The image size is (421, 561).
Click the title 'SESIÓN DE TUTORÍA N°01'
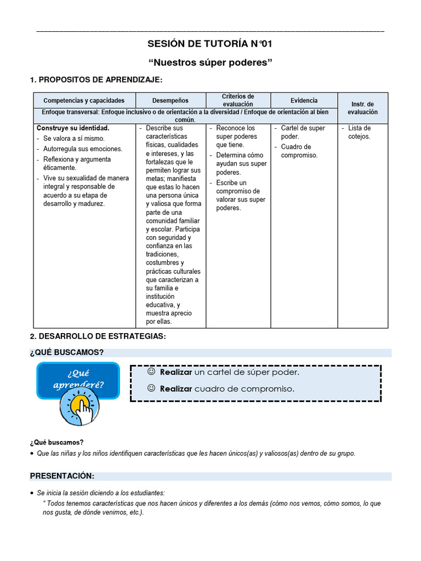[x=210, y=44]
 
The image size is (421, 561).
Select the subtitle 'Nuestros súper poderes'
[x=210, y=62]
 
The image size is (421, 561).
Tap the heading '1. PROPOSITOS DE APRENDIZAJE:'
[x=96, y=81]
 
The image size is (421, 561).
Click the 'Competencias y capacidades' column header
[x=84, y=100]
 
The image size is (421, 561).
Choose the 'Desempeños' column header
[x=170, y=100]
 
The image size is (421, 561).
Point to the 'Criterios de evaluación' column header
[x=238, y=100]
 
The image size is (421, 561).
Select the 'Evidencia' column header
[x=304, y=100]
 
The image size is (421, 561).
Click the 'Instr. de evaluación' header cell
[x=362, y=108]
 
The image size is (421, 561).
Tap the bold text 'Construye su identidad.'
[x=73, y=128]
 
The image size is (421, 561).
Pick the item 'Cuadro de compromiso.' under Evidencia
[x=299, y=151]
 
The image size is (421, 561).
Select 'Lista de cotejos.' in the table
[x=360, y=132]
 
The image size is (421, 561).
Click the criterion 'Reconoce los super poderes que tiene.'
[x=236, y=136]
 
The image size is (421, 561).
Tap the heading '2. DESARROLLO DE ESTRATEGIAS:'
[x=97, y=336]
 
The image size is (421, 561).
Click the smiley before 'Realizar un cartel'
[x=151, y=372]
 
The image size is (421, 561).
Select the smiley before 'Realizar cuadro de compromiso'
[x=151, y=388]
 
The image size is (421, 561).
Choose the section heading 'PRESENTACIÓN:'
[x=62, y=476]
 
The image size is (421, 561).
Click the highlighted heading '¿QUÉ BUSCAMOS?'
[x=66, y=352]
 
